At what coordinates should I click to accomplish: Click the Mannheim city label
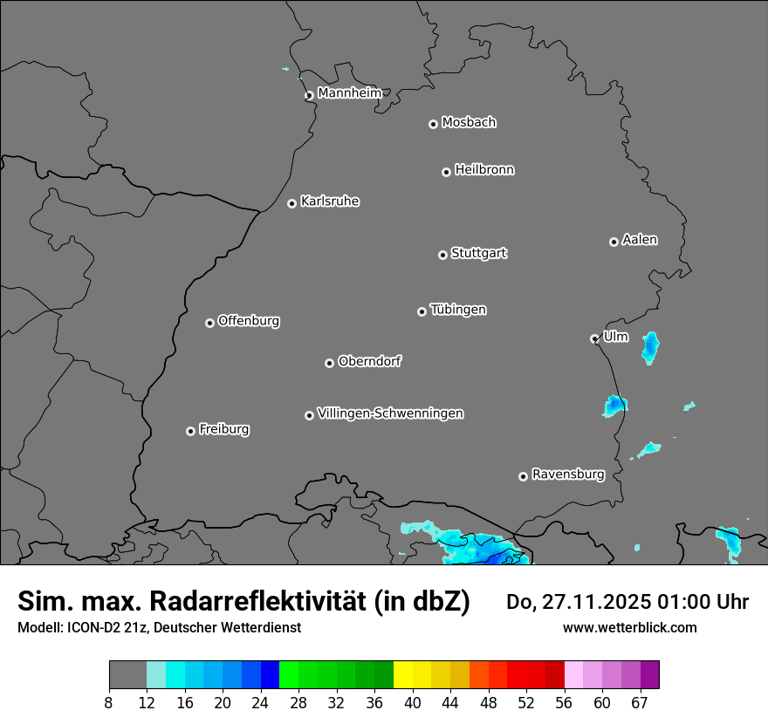349,92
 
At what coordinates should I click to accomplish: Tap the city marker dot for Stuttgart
442,255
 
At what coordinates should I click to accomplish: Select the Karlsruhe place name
330,201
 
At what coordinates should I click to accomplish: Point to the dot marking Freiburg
190,431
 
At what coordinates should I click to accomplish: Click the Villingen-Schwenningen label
390,413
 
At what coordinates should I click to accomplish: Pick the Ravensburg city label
567,475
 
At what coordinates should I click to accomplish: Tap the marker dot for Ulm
594,338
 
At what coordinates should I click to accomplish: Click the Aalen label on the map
640,240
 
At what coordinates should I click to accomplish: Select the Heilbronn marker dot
446,172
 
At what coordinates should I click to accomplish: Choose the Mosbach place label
469,123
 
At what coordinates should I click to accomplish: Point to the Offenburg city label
249,321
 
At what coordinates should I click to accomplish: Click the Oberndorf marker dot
329,363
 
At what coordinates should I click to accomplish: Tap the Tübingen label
458,310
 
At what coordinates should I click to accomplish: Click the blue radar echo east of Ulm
650,346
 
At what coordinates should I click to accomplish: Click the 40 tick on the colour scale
413,702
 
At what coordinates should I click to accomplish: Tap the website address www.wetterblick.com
629,628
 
